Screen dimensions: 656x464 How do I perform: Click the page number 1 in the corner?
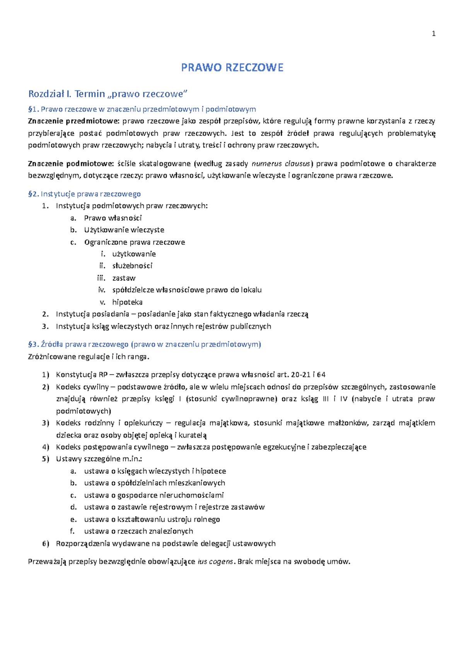click(x=433, y=34)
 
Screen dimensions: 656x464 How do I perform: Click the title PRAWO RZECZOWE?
click(x=232, y=68)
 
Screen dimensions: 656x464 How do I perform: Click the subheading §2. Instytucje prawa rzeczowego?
click(x=84, y=194)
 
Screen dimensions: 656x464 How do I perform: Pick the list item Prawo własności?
click(x=113, y=218)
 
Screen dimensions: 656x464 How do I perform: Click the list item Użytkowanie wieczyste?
click(x=124, y=230)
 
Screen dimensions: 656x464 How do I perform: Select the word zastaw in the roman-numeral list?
click(x=124, y=278)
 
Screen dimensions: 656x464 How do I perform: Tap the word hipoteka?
click(x=127, y=302)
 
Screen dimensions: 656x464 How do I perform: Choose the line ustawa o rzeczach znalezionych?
click(x=138, y=531)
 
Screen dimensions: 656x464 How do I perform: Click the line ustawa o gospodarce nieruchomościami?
click(x=154, y=495)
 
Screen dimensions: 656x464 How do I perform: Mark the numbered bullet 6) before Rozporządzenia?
click(x=46, y=544)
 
